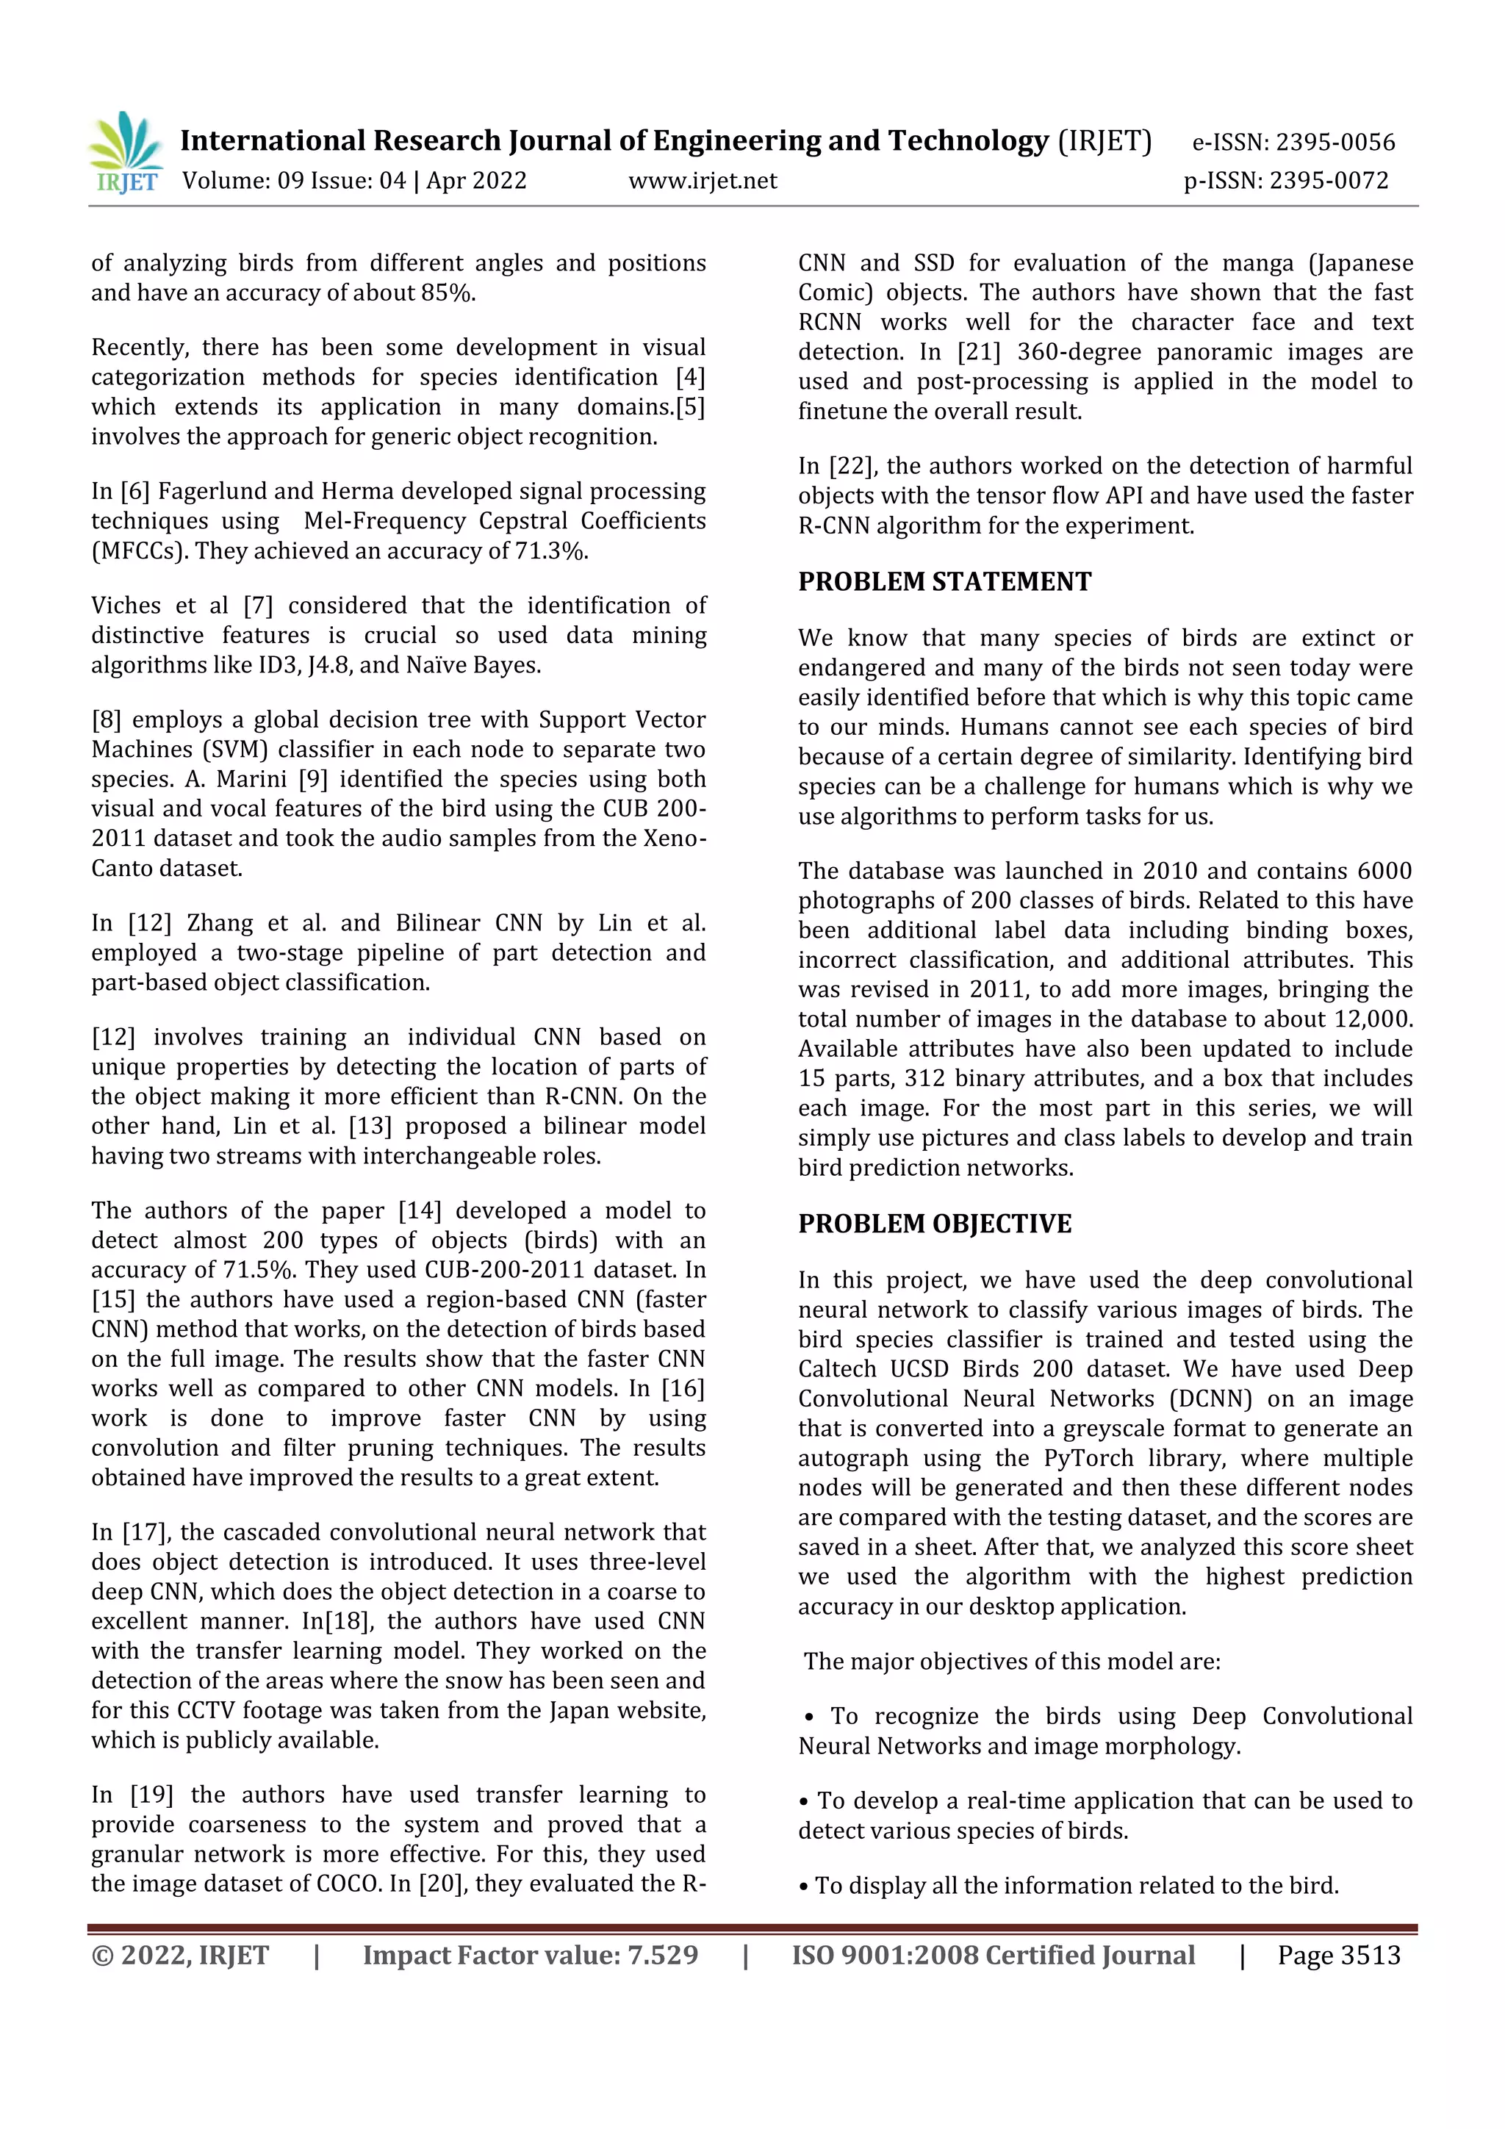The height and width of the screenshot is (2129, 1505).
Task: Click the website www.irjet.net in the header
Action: [702, 181]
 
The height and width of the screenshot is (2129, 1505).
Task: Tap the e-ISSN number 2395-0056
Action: [1335, 142]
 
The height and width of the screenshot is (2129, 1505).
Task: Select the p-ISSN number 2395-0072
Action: [1329, 181]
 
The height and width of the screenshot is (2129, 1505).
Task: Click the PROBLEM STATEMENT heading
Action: [944, 581]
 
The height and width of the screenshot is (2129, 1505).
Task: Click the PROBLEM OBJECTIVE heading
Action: [934, 1224]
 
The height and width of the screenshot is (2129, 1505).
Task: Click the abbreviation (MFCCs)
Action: [139, 550]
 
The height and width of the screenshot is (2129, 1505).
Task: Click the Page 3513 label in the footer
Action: [1338, 1955]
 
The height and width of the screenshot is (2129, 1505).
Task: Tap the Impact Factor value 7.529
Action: [662, 1955]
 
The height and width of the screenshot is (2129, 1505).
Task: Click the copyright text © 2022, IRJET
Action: [180, 1955]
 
